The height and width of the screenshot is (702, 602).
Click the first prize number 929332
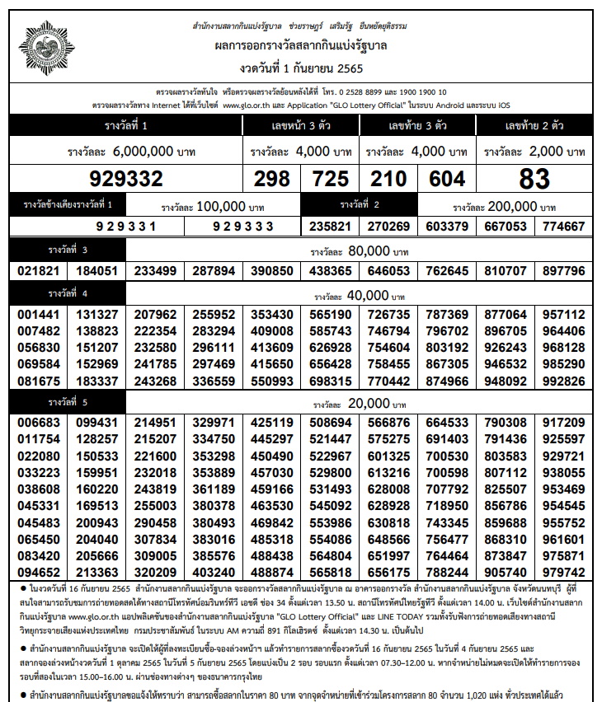(x=126, y=179)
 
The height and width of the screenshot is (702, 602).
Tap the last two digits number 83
(x=534, y=179)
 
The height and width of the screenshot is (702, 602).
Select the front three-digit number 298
(x=272, y=179)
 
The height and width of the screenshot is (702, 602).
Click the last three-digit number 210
(x=389, y=179)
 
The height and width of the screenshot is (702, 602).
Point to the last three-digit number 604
(x=447, y=179)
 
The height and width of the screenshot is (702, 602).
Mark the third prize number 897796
(x=562, y=271)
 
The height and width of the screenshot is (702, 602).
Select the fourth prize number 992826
(x=562, y=382)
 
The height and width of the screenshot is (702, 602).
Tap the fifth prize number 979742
(x=562, y=573)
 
